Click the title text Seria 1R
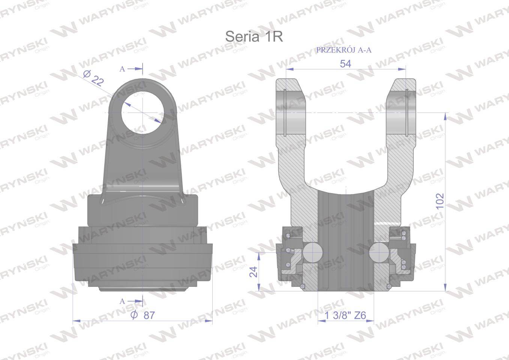click(x=254, y=37)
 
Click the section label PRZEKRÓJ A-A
click(x=344, y=50)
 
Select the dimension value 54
click(x=345, y=64)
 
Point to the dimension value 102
click(x=440, y=201)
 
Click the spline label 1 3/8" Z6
click(x=345, y=315)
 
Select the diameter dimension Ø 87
click(x=143, y=315)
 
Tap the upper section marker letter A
click(x=122, y=69)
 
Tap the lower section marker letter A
click(x=122, y=301)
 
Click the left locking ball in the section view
click(x=312, y=252)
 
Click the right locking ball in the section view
click(x=379, y=252)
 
